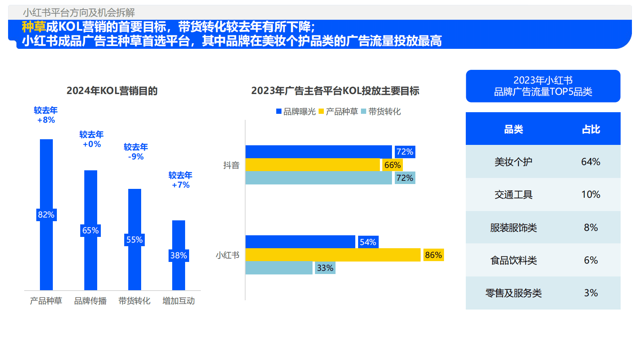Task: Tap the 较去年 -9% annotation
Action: [136, 152]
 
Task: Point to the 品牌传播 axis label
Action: [90, 301]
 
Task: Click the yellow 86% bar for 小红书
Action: [333, 255]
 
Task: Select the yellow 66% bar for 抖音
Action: [313, 165]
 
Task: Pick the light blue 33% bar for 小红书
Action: [279, 268]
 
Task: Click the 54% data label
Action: [368, 242]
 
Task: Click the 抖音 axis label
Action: [231, 165]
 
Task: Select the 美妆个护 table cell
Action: [513, 162]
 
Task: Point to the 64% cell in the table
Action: [591, 162]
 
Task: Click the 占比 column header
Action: [591, 129]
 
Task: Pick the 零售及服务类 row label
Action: [513, 293]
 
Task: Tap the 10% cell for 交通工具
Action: [591, 195]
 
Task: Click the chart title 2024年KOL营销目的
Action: [112, 91]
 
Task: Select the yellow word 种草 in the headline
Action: [34, 27]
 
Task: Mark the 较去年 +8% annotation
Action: [46, 115]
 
